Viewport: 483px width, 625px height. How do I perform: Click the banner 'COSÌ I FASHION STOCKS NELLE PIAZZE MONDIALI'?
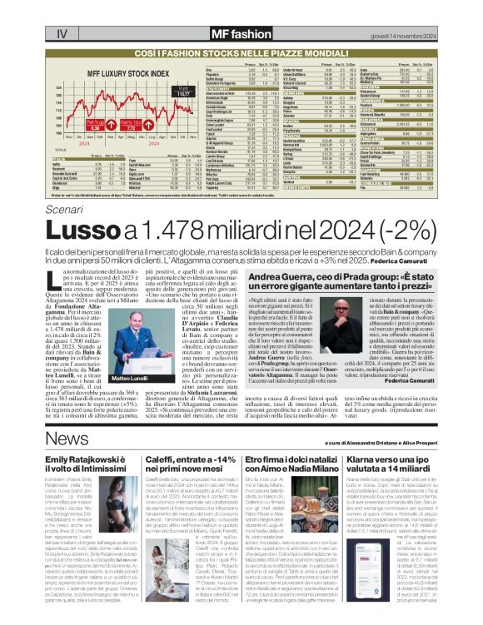coord(241,53)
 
